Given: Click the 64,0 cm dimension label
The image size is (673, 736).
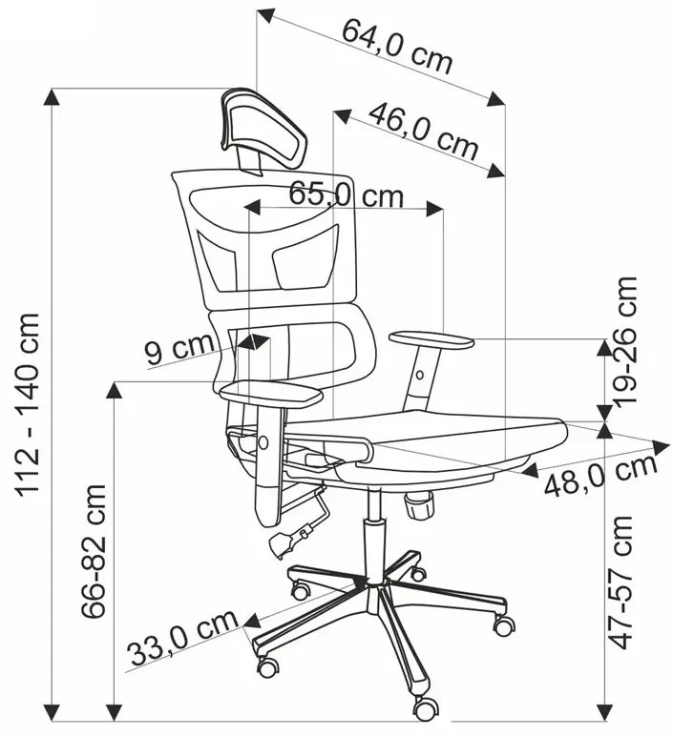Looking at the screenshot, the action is tap(396, 47).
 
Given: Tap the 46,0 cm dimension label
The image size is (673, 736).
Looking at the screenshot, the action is tap(423, 133).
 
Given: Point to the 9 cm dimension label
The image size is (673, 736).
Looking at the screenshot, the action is tap(179, 349).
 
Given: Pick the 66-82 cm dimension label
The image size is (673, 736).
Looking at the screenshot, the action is tap(93, 551).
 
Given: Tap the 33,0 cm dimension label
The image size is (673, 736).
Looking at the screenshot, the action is tap(183, 638).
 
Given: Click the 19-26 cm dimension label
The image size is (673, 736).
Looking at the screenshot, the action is tap(622, 339).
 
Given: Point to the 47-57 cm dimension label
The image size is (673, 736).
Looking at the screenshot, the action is tap(620, 583).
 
